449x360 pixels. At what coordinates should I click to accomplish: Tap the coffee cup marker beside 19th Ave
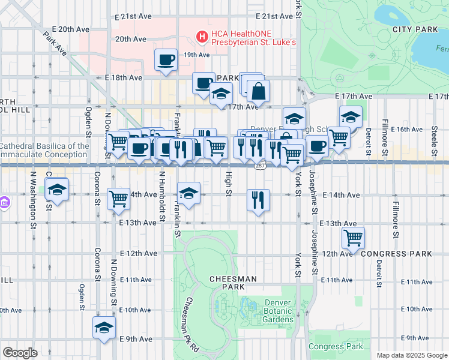[166, 59]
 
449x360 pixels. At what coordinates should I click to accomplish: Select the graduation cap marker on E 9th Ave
[104, 328]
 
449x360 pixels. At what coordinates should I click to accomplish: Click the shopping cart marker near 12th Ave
[352, 237]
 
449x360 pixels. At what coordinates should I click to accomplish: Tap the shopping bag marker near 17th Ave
[258, 92]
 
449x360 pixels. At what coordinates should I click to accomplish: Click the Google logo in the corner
[20, 353]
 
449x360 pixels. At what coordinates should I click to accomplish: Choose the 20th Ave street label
[131, 39]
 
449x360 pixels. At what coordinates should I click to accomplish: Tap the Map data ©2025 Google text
[411, 355]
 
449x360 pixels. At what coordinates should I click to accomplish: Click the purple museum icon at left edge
[4, 202]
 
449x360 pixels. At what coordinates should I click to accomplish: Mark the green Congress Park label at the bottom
[336, 346]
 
